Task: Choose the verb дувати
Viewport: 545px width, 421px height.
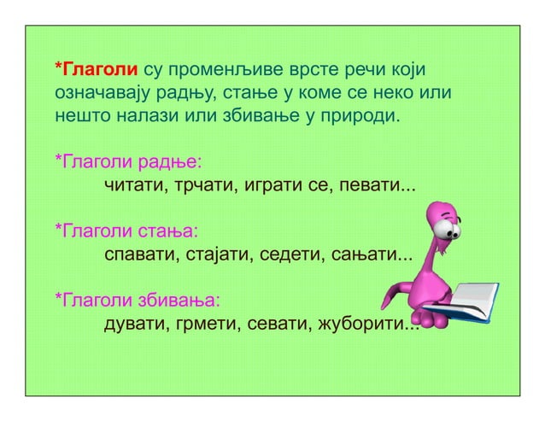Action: (133, 325)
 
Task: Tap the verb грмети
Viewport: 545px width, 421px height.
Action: (200, 325)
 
